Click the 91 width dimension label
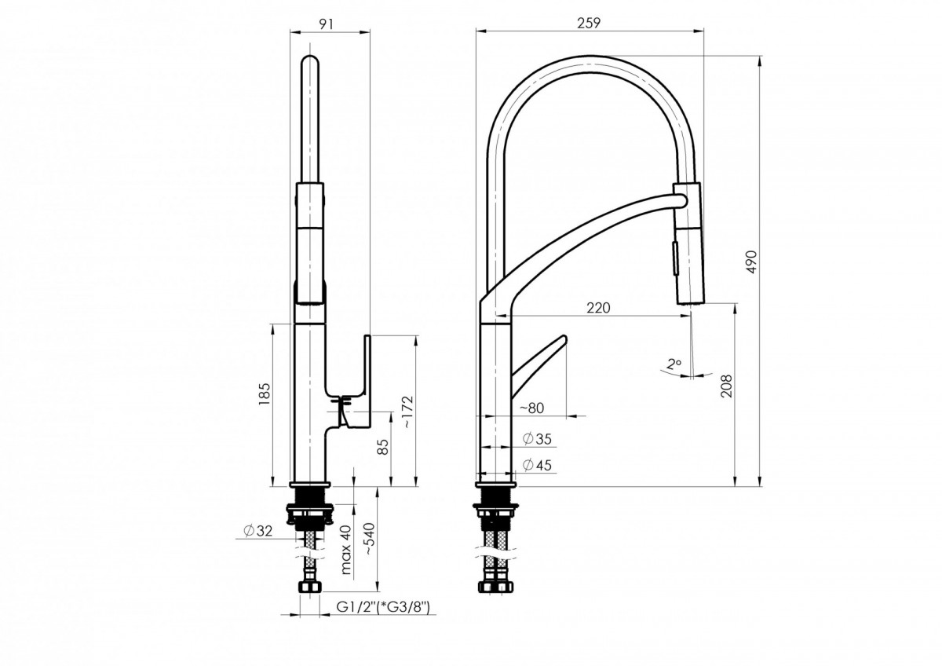coord(327,24)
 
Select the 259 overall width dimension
coord(589,24)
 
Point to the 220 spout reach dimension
coord(598,307)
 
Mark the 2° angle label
coord(672,364)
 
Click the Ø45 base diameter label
coord(537,465)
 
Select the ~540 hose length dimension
coord(370,540)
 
